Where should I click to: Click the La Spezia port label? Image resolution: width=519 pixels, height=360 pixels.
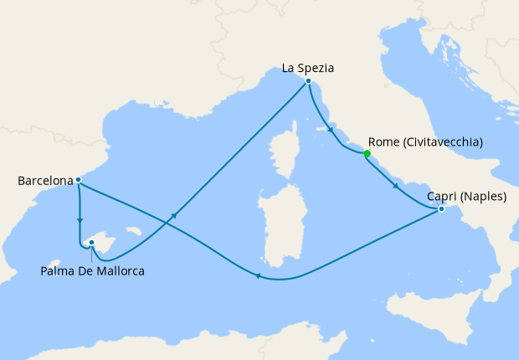point(307,67)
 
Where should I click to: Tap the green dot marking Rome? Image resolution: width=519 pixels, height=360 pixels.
point(367,153)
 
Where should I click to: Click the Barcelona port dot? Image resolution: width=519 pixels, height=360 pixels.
point(78,180)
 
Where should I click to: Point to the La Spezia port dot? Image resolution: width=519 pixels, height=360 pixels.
point(309,81)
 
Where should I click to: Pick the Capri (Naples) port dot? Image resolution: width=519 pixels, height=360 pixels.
point(441,210)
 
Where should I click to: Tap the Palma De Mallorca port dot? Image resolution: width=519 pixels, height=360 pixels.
point(91,244)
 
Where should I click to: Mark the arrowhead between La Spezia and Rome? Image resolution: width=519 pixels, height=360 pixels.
point(331,132)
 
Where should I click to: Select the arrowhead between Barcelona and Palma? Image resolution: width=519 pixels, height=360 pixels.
point(80,222)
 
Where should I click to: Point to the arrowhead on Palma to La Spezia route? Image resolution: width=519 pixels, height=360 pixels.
point(175,216)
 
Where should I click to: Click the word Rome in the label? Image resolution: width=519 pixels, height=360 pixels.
point(384,143)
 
